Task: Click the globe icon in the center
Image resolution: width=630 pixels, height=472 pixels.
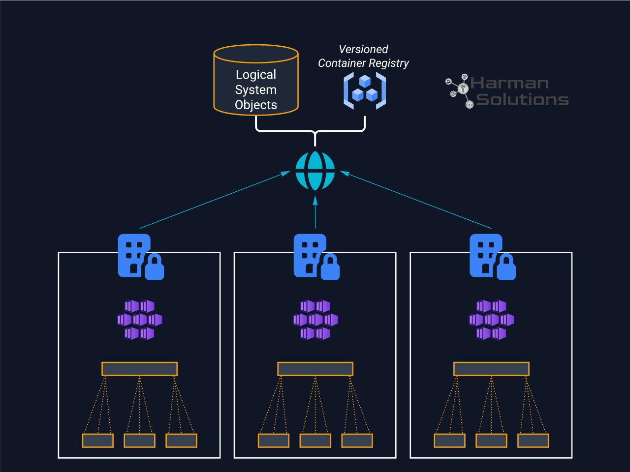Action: click(x=315, y=171)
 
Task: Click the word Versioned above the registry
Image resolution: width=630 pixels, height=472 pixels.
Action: click(x=363, y=49)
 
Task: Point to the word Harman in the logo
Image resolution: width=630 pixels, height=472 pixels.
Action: click(x=509, y=83)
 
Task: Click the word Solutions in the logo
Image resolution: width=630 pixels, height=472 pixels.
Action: click(x=522, y=100)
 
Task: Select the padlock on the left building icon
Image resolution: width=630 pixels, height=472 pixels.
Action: click(x=155, y=268)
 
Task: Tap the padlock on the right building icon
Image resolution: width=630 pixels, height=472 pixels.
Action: click(x=506, y=268)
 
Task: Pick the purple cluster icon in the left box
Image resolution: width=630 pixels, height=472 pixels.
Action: click(x=140, y=320)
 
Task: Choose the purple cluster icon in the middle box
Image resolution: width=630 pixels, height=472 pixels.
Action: click(x=315, y=320)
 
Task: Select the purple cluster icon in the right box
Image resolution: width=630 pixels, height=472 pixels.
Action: click(x=491, y=320)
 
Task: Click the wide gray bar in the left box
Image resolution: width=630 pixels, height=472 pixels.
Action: click(x=139, y=369)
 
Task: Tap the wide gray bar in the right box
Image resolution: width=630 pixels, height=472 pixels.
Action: click(x=491, y=369)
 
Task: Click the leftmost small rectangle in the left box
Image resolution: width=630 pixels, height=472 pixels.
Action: click(x=97, y=441)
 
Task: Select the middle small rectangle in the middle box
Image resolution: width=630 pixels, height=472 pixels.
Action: click(x=315, y=441)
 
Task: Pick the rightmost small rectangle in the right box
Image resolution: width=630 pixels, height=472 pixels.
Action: click(x=533, y=441)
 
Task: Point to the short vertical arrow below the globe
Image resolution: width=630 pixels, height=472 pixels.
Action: click(x=315, y=212)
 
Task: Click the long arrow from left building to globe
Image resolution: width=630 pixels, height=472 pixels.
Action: click(x=215, y=200)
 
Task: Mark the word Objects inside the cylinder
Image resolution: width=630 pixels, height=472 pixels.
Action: click(x=256, y=105)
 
